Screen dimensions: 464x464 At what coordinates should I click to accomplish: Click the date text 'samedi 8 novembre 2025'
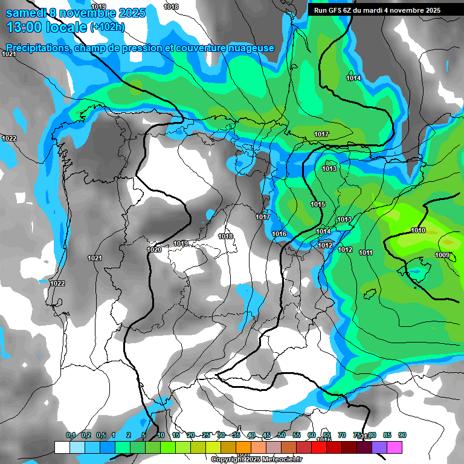click(76, 13)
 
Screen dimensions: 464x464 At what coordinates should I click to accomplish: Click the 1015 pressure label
click(318, 205)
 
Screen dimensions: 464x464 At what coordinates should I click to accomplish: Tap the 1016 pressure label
click(279, 234)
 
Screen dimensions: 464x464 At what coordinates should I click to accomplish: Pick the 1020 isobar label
click(154, 250)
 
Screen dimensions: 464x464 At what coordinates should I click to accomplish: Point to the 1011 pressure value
click(366, 253)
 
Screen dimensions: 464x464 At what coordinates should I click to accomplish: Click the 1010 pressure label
click(418, 230)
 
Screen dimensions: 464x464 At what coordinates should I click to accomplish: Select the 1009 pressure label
click(442, 256)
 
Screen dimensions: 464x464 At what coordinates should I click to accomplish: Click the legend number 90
click(402, 435)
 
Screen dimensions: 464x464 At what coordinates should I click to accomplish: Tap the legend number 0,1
click(70, 435)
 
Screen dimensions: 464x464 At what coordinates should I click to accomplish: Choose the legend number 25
click(206, 435)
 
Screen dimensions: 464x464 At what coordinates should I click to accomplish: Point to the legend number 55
click(297, 435)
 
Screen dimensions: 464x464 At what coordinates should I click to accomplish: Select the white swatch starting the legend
click(62, 447)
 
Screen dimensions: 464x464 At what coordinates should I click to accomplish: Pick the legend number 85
click(387, 435)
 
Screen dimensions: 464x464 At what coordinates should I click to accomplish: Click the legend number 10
click(161, 435)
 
